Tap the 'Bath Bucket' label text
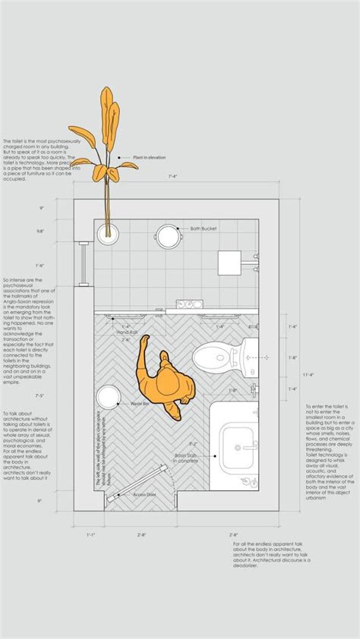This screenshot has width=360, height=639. (205, 228)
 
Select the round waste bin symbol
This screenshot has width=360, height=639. (108, 396)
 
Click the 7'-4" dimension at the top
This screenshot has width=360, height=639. (174, 176)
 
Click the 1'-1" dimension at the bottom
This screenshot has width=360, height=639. (91, 534)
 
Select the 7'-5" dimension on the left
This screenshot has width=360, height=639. (39, 395)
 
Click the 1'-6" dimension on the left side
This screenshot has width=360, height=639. (39, 265)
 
